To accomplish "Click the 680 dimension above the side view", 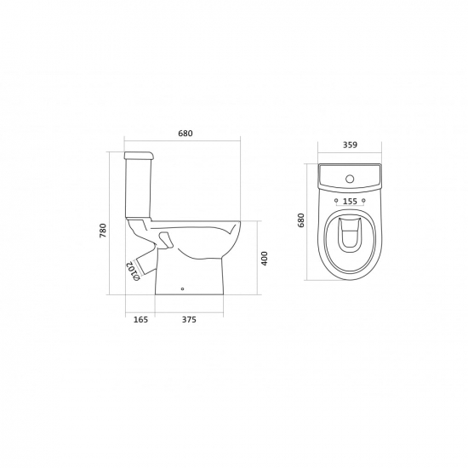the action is click(x=185, y=133).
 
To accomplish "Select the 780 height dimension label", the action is click(x=103, y=230).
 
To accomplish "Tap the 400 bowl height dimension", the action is click(x=265, y=259).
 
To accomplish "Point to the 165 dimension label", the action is click(x=140, y=319).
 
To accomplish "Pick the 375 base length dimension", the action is click(x=189, y=319).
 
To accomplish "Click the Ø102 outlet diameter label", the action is click(x=133, y=271).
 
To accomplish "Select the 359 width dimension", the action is click(x=350, y=145).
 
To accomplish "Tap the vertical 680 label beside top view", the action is click(x=301, y=220).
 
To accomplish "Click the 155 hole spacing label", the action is click(x=350, y=202).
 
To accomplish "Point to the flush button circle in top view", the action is click(x=350, y=179).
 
